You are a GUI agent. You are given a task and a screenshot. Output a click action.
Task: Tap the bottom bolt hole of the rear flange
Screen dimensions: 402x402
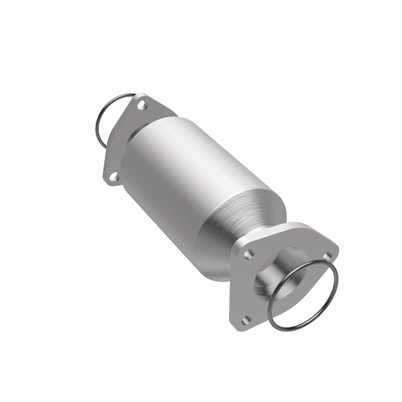pyautogui.click(x=114, y=176)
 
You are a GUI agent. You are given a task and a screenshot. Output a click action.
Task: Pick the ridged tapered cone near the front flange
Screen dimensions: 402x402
pyautogui.click(x=241, y=221)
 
